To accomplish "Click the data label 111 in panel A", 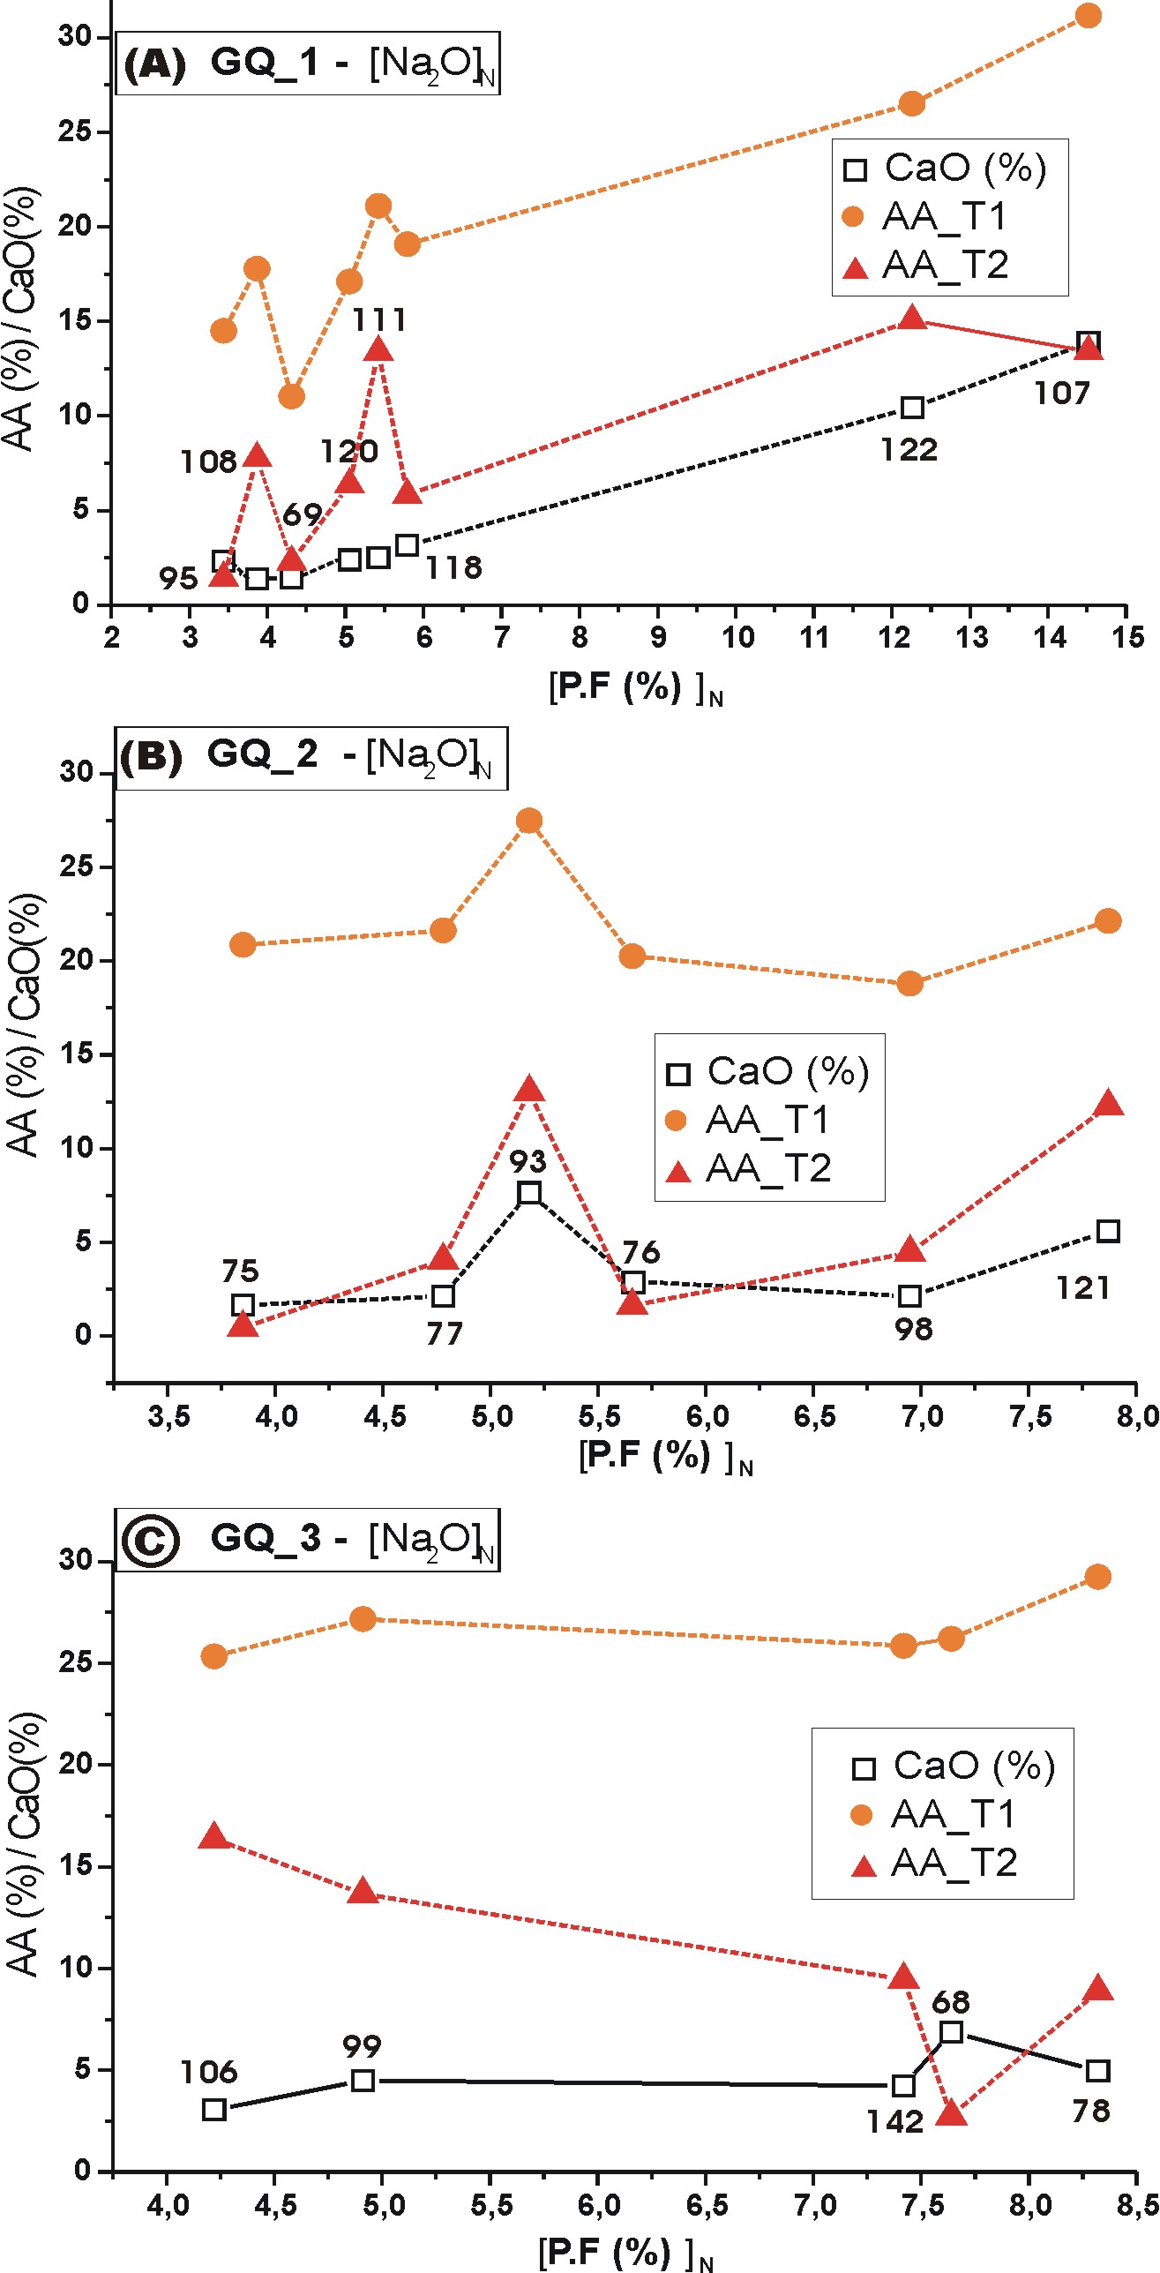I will pos(379,319).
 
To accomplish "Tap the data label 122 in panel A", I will pos(909,450).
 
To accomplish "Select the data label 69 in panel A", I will pos(303,514).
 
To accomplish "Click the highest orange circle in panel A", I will pos(1088,16).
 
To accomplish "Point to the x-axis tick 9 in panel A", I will pos(658,637).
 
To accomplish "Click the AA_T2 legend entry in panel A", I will pos(944,266).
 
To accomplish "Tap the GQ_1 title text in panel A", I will pos(264,63).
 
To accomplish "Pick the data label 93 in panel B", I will pos(528,1161).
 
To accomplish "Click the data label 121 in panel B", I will pos(1083,1288).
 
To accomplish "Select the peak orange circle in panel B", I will pos(529,821).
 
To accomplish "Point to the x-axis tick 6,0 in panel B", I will pos(707,1417).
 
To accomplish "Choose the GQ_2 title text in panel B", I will pos(262,754).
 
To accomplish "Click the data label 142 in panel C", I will pos(894,2121).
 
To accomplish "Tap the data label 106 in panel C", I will pos(209,2072).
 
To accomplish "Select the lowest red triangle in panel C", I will pos(951,2112).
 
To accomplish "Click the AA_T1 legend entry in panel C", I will pos(953,1815).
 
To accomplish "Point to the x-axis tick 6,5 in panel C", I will pos(707,2206).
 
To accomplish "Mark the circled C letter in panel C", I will pos(150,1541).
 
